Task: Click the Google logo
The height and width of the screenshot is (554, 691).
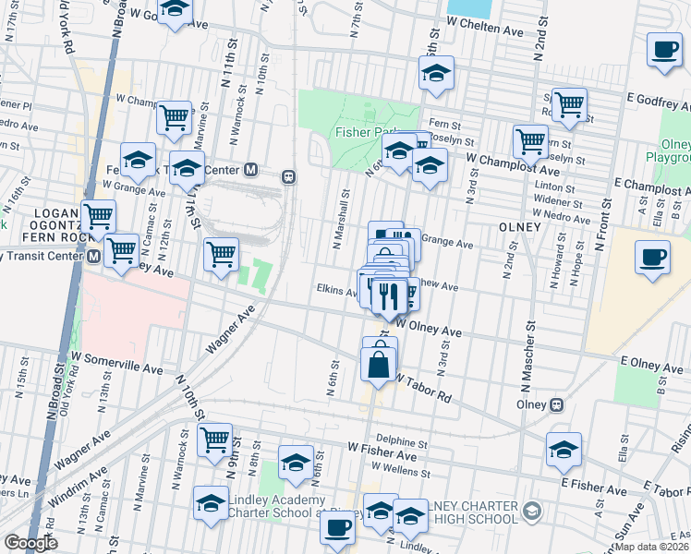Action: (31, 543)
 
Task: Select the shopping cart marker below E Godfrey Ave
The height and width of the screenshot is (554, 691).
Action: (569, 107)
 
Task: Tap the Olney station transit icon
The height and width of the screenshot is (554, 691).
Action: (556, 404)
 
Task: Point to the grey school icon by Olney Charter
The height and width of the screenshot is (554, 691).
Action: (531, 511)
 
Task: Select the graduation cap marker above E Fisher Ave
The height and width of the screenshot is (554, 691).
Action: (564, 450)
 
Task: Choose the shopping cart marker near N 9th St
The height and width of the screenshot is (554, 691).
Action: (214, 440)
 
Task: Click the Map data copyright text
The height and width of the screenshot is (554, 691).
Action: (652, 547)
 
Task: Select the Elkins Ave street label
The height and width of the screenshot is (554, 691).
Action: (336, 289)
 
